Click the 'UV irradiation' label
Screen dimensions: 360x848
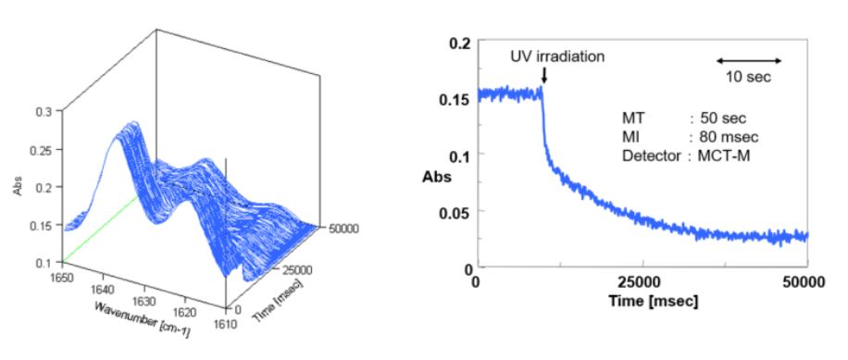557,56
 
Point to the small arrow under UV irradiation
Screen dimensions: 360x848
543,77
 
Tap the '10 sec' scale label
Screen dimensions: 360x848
749,77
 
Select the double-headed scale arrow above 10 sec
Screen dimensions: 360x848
750,60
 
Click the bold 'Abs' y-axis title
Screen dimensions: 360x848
439,175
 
